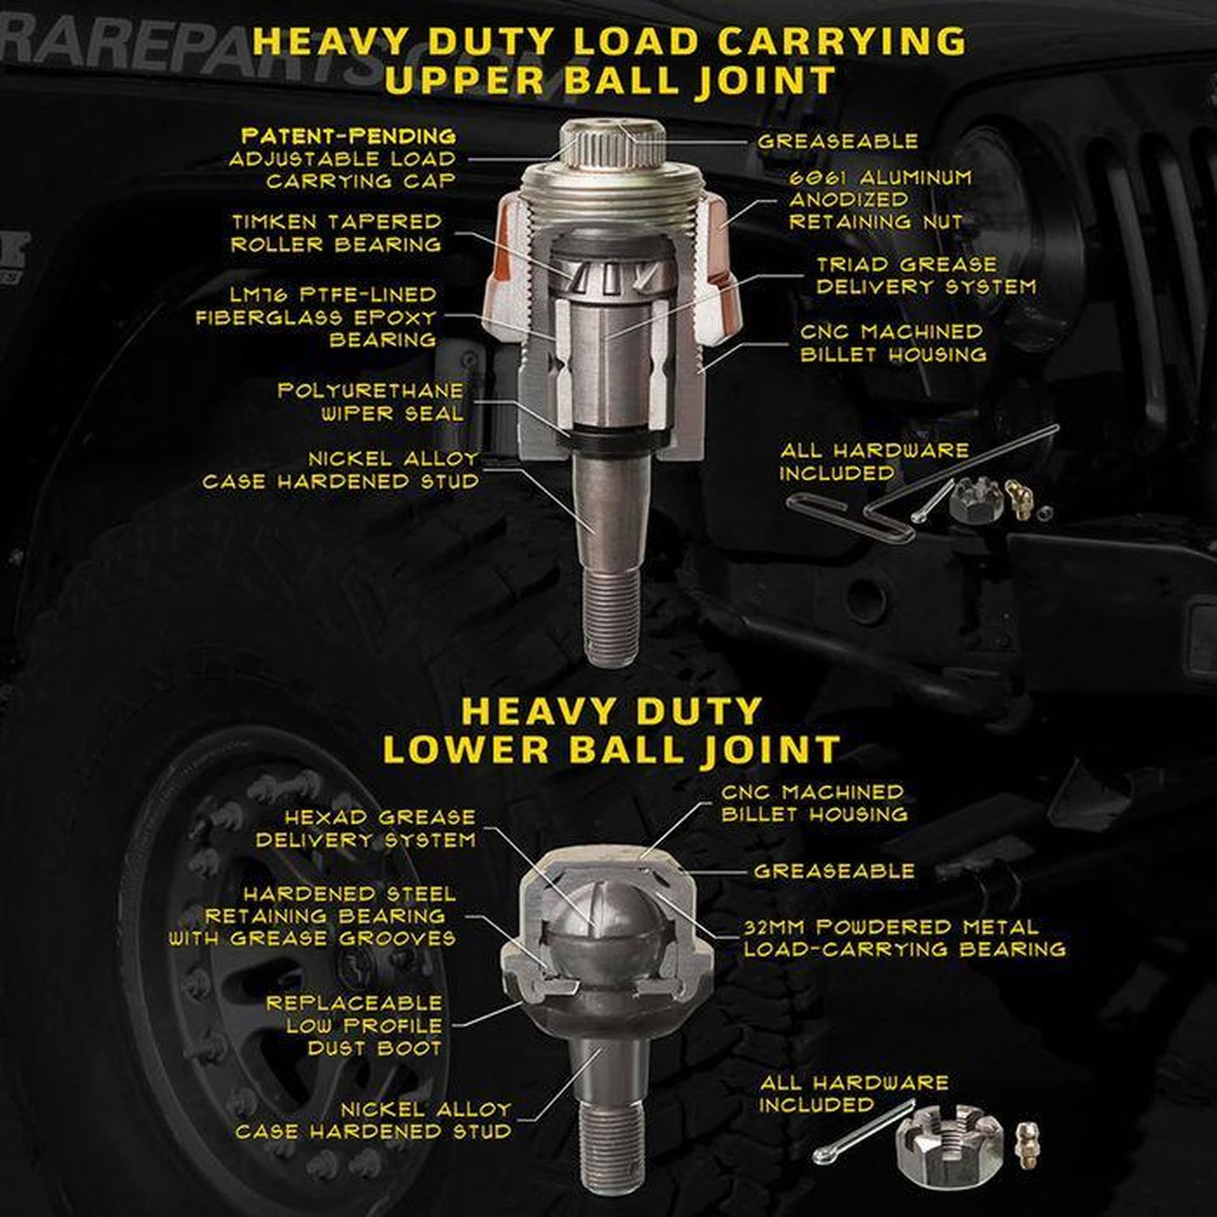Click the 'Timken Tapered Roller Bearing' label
[336, 233]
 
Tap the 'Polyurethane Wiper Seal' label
[371, 402]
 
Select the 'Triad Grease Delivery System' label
[926, 276]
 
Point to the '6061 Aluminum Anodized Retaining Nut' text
[879, 200]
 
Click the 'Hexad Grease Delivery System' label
[366, 828]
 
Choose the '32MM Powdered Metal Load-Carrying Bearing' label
[905, 938]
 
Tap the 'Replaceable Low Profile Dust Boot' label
[355, 1026]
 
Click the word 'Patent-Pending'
[349, 135]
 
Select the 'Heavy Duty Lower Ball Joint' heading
[611, 730]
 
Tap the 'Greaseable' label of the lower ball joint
[834, 871]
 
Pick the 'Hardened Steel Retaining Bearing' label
[325, 905]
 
